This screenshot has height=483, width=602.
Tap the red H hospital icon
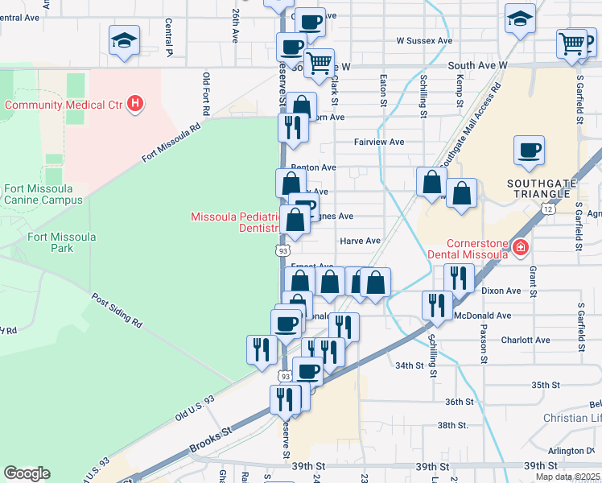tap(136, 104)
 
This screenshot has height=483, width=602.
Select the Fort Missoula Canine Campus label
tap(43, 194)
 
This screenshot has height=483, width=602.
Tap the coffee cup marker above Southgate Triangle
tap(529, 151)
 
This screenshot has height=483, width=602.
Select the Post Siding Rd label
tap(118, 311)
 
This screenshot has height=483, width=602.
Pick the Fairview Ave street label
tap(379, 142)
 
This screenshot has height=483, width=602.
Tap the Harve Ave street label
tap(360, 241)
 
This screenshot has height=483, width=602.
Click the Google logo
tap(27, 473)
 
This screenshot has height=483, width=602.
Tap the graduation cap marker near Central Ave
tap(125, 39)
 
